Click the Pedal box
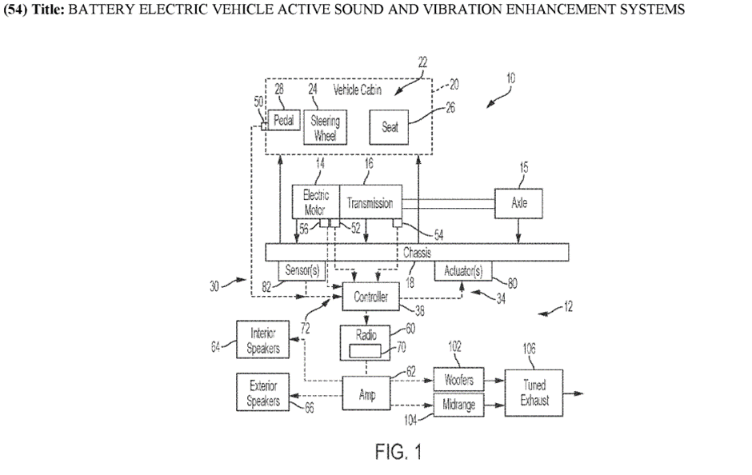[282, 121]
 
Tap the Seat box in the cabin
[390, 127]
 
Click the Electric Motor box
[316, 203]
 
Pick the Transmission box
[370, 203]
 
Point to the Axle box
[519, 203]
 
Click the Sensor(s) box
[302, 271]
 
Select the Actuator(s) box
[463, 271]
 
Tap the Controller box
[370, 297]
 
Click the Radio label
[366, 335]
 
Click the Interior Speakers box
[263, 341]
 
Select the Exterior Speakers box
[263, 393]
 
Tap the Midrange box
[459, 405]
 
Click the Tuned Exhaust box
[534, 393]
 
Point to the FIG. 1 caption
[398, 453]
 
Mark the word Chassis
[417, 252]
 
